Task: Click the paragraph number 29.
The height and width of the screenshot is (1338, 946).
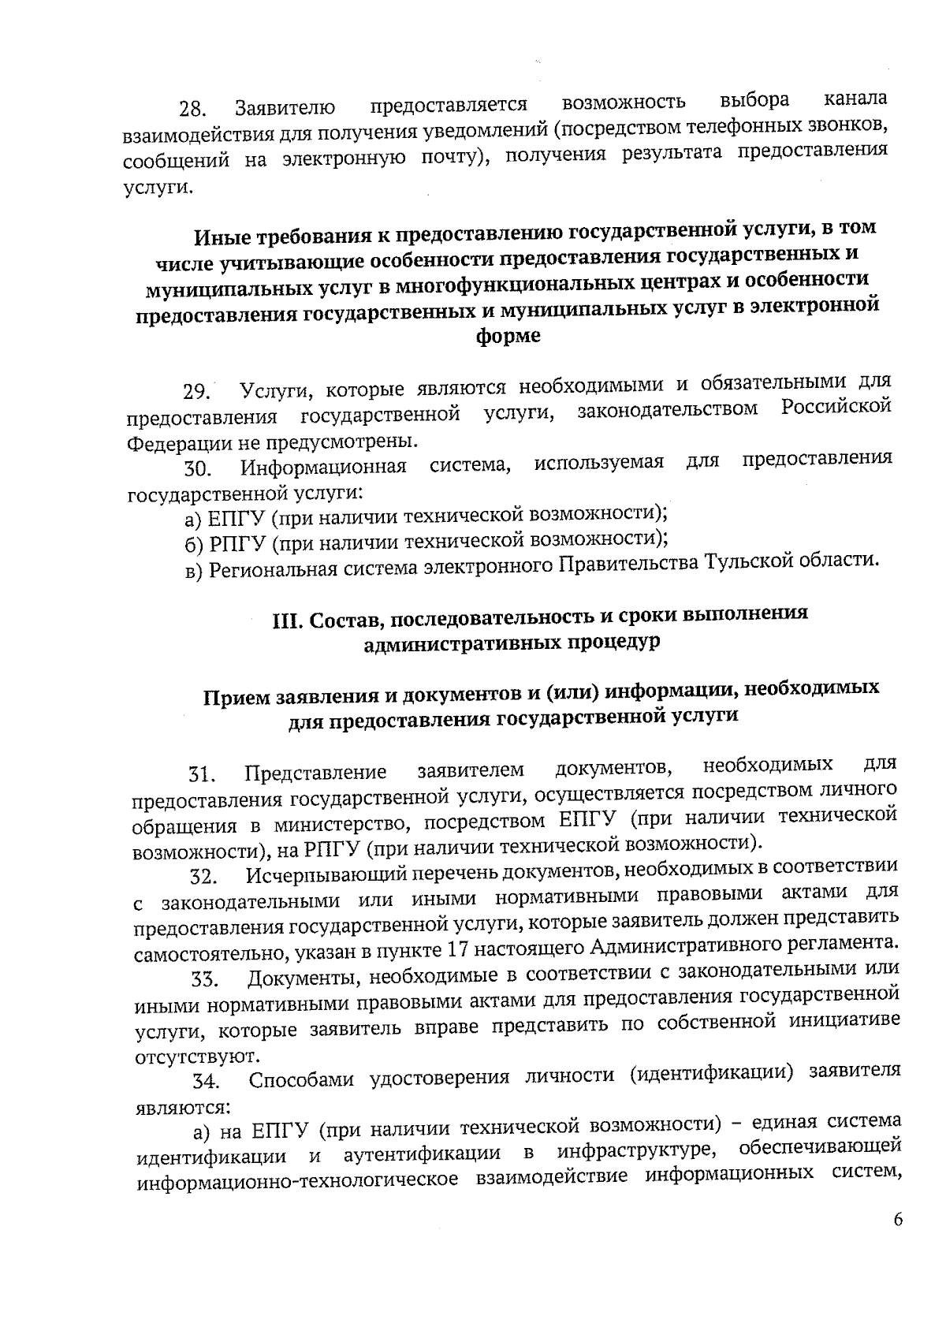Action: (196, 392)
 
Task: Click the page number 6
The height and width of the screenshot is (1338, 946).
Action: (897, 1242)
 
